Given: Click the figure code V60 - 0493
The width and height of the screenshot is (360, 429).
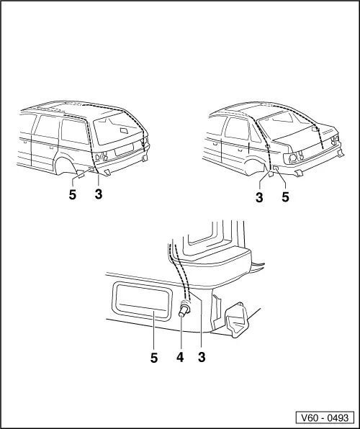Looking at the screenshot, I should click(x=323, y=417).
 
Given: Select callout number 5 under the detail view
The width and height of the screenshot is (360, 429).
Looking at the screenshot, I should click(x=154, y=357).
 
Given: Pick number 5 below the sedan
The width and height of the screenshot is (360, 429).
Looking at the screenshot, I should click(x=285, y=196).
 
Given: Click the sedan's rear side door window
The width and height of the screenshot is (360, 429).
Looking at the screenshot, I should click(x=235, y=130).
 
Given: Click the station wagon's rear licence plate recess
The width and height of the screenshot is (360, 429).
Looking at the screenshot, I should click(x=123, y=152).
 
